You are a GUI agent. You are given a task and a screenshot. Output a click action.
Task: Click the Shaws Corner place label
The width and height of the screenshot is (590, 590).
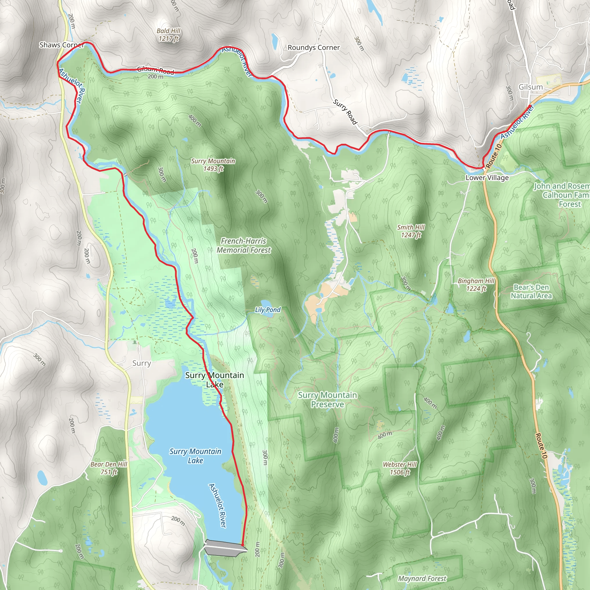(x=62, y=45)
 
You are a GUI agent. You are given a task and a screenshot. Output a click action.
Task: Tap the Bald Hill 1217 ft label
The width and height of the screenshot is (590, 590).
(x=169, y=35)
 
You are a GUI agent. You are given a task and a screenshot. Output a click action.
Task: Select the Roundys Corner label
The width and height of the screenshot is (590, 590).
(x=314, y=48)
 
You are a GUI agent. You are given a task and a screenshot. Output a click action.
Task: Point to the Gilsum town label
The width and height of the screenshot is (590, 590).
(x=531, y=87)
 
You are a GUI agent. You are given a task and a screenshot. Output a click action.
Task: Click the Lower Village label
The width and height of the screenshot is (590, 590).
(x=487, y=178)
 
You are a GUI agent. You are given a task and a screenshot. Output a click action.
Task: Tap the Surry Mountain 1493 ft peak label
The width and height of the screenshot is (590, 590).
(x=213, y=165)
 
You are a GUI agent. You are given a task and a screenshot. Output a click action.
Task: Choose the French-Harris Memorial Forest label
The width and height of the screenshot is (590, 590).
(x=244, y=245)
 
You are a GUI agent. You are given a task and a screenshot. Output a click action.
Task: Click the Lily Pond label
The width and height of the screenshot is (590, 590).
(x=268, y=310)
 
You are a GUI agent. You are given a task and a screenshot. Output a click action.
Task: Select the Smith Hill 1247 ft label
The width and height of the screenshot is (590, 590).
(x=411, y=231)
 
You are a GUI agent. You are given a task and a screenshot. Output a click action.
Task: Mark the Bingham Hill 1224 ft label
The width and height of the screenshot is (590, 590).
(x=476, y=285)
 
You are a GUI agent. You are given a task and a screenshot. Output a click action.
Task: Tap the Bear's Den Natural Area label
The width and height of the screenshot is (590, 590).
(x=531, y=291)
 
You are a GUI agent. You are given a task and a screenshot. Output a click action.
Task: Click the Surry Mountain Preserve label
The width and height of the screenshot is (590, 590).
(x=327, y=400)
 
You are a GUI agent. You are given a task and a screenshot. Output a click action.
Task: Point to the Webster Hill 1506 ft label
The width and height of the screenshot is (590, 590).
(x=400, y=468)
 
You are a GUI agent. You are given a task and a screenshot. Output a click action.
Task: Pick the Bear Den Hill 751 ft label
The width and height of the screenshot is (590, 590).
(x=109, y=468)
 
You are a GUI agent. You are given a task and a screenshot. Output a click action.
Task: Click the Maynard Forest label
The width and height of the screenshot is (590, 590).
(x=422, y=578)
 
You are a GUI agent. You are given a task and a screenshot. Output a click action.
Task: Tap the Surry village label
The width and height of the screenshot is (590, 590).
(x=141, y=363)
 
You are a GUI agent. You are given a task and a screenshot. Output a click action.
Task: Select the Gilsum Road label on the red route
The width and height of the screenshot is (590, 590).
(x=156, y=70)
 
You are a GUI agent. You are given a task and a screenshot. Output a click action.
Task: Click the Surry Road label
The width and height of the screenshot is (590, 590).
(x=345, y=112)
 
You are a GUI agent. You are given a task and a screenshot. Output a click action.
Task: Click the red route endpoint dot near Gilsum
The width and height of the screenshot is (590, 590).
(x=530, y=106)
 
